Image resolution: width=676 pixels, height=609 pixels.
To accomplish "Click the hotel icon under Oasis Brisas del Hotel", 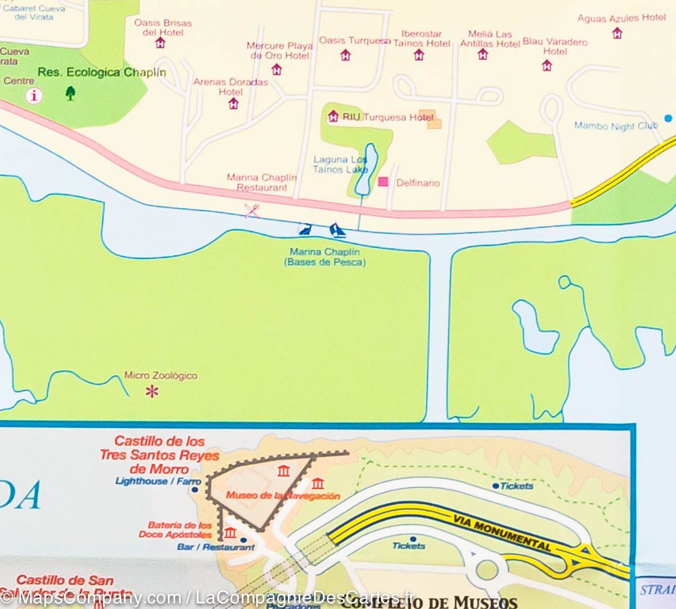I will pyautogui.click(x=161, y=43).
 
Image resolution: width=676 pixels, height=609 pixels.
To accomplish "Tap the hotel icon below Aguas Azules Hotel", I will pyautogui.click(x=617, y=33).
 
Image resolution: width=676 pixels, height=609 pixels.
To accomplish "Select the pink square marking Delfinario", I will pyautogui.click(x=384, y=182).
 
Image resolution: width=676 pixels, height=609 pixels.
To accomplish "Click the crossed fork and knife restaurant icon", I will pyautogui.click(x=252, y=211).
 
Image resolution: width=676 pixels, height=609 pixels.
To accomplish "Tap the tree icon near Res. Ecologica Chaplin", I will pyautogui.click(x=70, y=92).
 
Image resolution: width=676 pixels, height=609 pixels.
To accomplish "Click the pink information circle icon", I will pyautogui.click(x=35, y=95).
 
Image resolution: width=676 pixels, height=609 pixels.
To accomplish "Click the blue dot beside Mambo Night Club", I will pyautogui.click(x=668, y=118).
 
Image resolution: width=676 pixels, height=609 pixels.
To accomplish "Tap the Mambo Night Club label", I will pyautogui.click(x=615, y=126).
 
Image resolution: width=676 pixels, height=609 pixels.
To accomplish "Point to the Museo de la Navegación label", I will pyautogui.click(x=283, y=496).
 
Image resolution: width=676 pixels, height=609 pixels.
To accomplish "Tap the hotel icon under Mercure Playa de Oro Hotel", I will pyautogui.click(x=277, y=69).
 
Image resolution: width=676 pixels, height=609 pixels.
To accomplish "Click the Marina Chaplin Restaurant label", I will pyautogui.click(x=262, y=182).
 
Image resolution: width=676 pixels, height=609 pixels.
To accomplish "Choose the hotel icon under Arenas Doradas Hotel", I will pyautogui.click(x=233, y=104).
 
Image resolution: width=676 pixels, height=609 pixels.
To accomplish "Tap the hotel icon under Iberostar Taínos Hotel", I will pyautogui.click(x=419, y=55).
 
